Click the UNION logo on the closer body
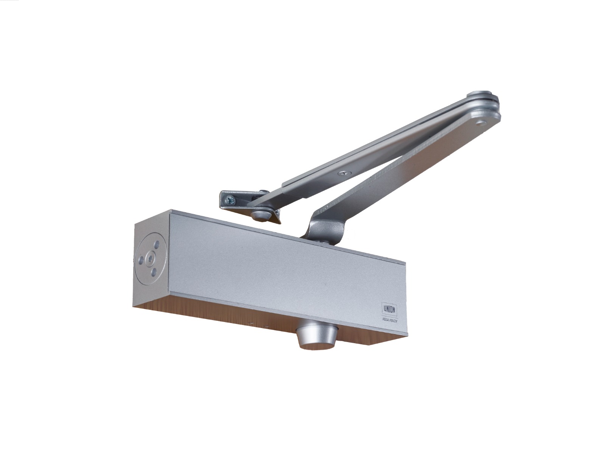(x=389, y=309)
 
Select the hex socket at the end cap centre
(x=151, y=257)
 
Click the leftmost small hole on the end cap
(x=141, y=259)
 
